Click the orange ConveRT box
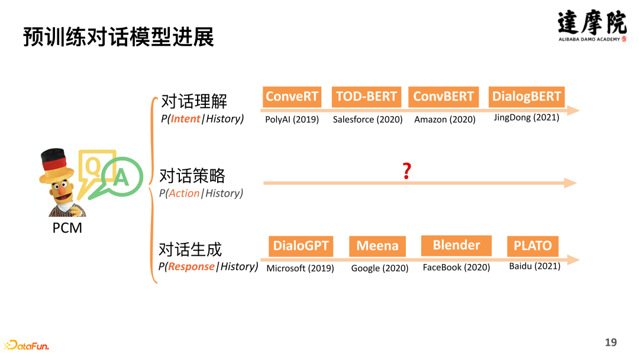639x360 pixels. click(292, 97)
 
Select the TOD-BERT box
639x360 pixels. click(366, 97)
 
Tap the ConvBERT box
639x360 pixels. click(443, 97)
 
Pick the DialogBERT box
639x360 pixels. click(526, 97)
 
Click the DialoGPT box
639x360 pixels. click(301, 246)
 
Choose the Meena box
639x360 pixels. click(377, 246)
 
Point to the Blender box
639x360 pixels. click(456, 245)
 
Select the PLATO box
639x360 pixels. click(532, 246)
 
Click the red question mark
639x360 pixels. click(406, 172)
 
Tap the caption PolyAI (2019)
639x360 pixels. click(292, 120)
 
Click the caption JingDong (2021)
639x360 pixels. click(526, 118)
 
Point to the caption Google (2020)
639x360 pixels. click(380, 268)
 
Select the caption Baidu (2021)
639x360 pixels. click(534, 266)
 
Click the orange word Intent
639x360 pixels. click(185, 119)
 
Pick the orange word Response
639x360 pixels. click(191, 266)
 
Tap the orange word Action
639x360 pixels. click(184, 193)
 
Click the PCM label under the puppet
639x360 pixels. click(67, 228)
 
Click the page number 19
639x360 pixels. click(611, 342)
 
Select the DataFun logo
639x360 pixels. click(27, 345)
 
